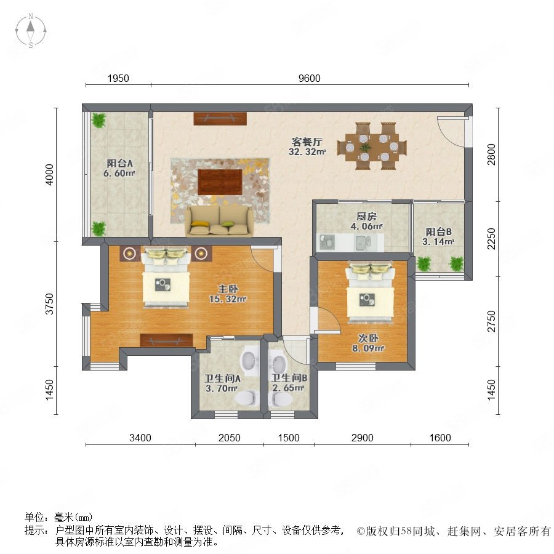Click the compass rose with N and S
31,31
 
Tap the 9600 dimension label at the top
309,78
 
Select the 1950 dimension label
118,78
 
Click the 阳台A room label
120,164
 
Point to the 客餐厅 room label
307,142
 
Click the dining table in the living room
372,147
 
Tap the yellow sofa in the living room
220,221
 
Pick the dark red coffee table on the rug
220,182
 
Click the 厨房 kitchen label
366,216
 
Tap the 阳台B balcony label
438,232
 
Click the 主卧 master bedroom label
228,289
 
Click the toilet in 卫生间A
246,398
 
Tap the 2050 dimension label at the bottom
230,438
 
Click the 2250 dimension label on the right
491,239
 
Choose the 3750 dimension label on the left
50,304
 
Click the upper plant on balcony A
98,120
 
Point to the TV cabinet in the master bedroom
166,340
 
